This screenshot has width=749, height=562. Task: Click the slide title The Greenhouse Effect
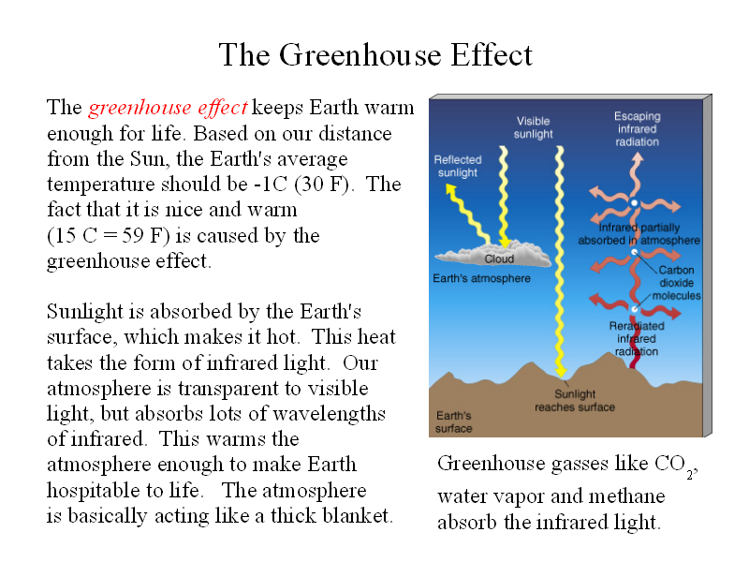375,55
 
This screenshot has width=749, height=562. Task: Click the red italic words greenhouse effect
169,108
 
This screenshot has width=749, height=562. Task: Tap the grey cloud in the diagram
493,254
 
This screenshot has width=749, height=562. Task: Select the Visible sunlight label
533,127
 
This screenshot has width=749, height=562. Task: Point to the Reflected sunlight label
458,166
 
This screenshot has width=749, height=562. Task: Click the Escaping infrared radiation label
638,129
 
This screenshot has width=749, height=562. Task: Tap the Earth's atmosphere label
481,278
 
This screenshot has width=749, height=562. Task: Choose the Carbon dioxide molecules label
676,283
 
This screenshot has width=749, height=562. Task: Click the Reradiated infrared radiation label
637,339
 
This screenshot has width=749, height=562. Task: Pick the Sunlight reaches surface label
575,401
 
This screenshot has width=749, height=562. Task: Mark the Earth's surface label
454,422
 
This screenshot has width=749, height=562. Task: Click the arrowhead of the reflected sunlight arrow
450,189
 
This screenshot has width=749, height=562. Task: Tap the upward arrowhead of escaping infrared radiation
637,158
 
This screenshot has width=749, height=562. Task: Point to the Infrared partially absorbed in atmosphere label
639,234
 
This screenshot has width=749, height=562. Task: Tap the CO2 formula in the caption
675,466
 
